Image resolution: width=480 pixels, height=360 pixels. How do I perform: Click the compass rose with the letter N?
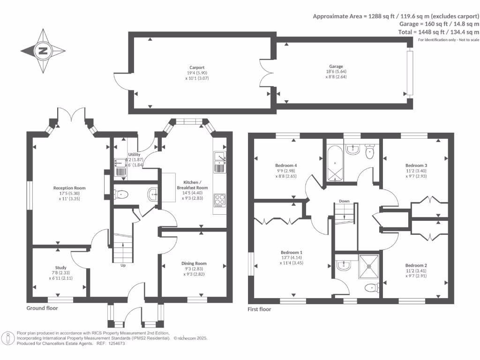click(43, 51)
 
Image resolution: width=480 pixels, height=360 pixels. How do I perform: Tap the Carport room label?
click(197, 67)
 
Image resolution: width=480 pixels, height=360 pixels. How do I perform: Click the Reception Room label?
click(69, 188)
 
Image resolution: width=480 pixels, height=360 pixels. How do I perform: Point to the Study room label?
click(61, 268)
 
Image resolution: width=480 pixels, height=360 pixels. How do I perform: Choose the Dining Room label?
click(194, 263)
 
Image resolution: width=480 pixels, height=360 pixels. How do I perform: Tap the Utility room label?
click(135, 154)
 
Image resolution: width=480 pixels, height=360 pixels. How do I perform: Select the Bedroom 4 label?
click(286, 165)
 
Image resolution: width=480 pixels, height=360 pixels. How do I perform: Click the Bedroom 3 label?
click(416, 165)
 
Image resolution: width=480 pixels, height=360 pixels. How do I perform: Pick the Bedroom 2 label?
click(416, 265)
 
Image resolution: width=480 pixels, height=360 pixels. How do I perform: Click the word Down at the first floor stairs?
click(345, 201)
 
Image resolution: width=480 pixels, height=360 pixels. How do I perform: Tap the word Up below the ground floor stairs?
click(123, 265)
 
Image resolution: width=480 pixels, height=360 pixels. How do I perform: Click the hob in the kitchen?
click(219, 200)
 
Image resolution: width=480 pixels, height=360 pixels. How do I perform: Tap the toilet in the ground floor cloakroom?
click(121, 194)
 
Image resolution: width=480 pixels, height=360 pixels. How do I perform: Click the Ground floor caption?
click(42, 308)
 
